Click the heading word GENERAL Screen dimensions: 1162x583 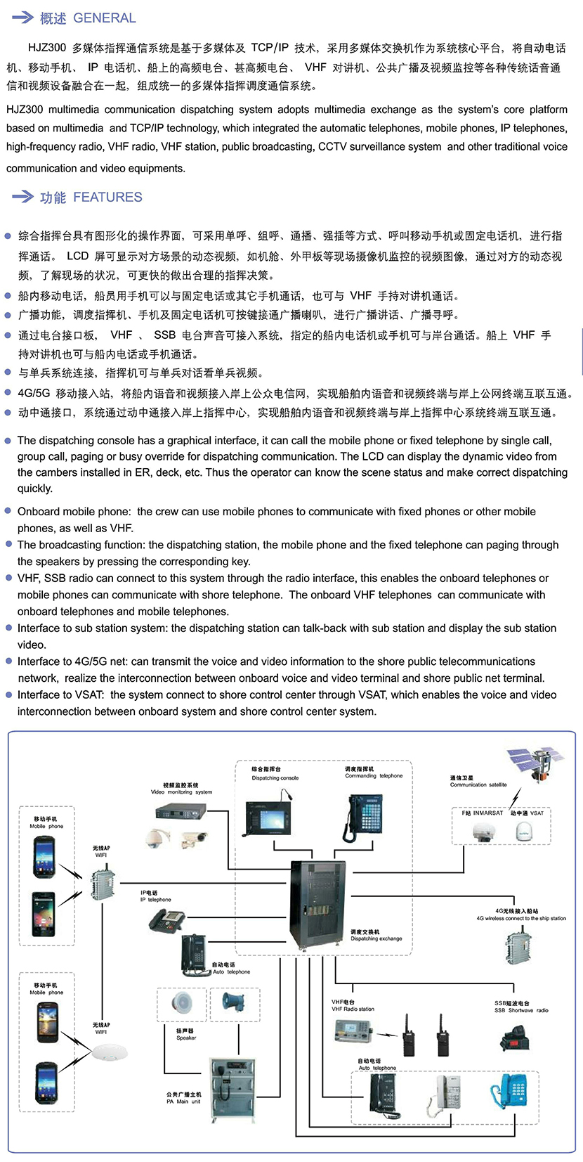point(105,18)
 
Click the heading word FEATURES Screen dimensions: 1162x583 point(107,198)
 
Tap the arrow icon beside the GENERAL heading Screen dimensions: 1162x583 point(23,18)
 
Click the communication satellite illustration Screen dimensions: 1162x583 point(535,765)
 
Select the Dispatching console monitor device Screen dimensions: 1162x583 point(267,815)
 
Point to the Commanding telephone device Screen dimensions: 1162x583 point(364,815)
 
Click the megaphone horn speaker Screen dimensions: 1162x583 point(233,1001)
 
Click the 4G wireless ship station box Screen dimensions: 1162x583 point(518,945)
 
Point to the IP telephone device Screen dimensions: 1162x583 point(167,919)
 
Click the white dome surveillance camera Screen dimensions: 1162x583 point(155,838)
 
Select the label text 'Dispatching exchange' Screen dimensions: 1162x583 point(376,938)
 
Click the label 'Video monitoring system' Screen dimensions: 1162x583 point(181,792)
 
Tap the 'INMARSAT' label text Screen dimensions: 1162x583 point(487,813)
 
